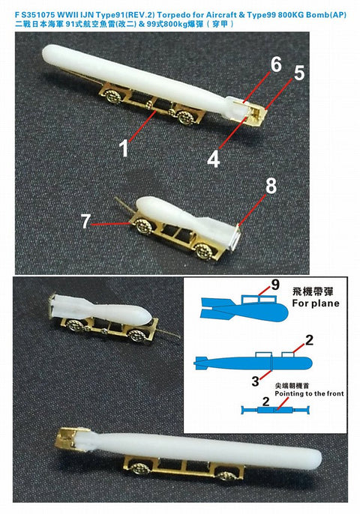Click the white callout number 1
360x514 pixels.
tap(124, 148)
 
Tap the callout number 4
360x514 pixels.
tap(213, 160)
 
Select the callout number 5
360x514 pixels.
tap(299, 73)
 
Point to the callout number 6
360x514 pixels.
tap(276, 64)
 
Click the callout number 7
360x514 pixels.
tap(85, 221)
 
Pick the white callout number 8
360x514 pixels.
tap(271, 187)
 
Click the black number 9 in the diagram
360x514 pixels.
tap(274, 285)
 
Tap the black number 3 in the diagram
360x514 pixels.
tap(255, 381)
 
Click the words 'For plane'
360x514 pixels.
tap(315, 303)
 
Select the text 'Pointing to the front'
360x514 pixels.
tap(309, 393)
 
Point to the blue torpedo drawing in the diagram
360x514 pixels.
tap(253, 363)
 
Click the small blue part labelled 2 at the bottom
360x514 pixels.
tap(275, 410)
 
